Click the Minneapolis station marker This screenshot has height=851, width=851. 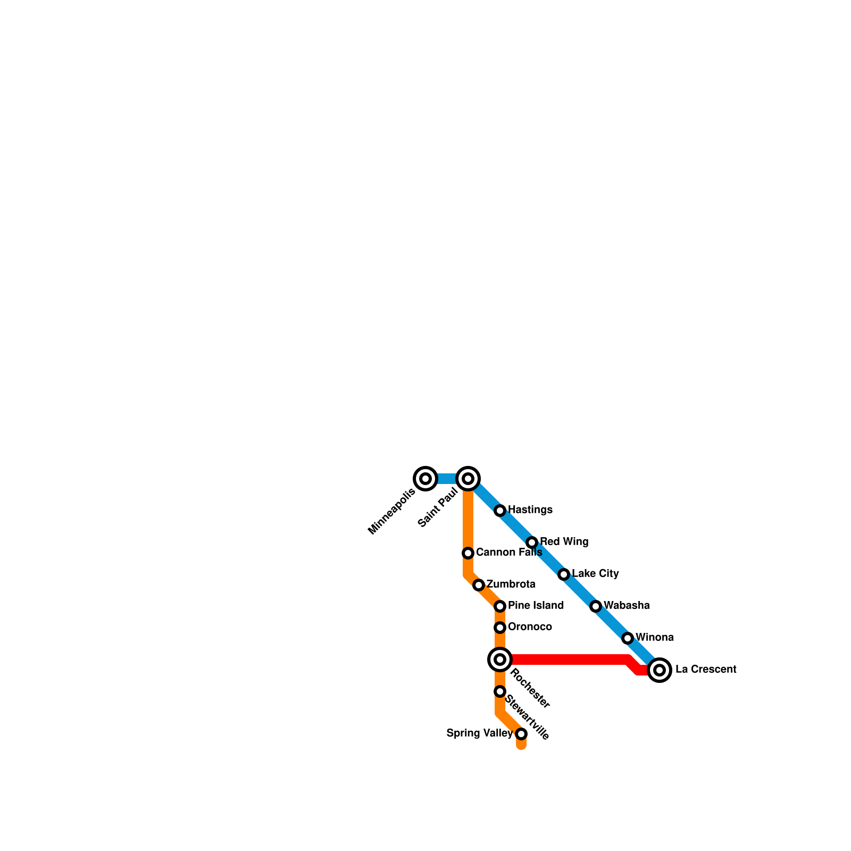425,479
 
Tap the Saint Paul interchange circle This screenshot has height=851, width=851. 468,479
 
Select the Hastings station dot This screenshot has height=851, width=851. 500,511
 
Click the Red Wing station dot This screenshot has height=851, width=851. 532,543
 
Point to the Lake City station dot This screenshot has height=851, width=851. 564,574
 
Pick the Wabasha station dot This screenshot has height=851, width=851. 596,606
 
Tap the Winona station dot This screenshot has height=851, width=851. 628,638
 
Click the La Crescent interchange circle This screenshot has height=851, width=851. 660,670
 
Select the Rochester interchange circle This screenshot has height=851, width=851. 500,660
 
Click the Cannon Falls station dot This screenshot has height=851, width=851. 468,553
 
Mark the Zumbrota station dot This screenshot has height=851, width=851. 479,585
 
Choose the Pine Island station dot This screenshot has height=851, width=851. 500,606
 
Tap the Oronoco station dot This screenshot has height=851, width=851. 500,628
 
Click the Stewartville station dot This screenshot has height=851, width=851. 500,691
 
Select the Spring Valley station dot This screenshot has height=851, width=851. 521,734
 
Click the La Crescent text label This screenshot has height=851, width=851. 706,670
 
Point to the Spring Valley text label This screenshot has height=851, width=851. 479,733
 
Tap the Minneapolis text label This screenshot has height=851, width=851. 392,511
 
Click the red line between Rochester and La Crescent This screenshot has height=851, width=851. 569,660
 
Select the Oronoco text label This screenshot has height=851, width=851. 530,627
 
